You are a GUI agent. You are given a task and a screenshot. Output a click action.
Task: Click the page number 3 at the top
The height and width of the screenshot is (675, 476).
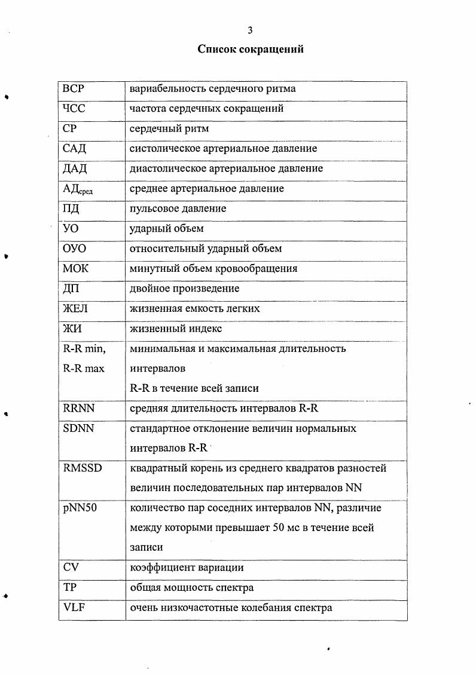[x=251, y=30]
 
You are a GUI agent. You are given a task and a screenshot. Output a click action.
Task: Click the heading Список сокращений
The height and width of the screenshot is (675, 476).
[x=251, y=49]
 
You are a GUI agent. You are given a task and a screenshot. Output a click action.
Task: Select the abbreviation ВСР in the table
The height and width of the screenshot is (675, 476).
[x=74, y=89]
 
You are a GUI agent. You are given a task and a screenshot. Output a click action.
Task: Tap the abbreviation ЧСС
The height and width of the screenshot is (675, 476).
[x=74, y=109]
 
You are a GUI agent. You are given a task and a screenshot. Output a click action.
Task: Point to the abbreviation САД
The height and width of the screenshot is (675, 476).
[x=75, y=149]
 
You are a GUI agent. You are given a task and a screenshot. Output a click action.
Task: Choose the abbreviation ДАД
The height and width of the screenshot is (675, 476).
[x=75, y=169]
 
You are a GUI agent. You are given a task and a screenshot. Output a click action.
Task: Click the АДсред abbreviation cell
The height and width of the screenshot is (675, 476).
[x=78, y=189]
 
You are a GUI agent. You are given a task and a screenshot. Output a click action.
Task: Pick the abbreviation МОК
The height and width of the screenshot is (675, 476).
[x=75, y=269]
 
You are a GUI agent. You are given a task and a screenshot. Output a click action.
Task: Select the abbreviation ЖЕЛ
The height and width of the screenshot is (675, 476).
[x=77, y=309]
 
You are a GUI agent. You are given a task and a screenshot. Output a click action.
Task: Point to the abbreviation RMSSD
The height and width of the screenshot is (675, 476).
[x=83, y=468]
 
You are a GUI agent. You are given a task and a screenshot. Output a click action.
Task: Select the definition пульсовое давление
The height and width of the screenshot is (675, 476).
[x=178, y=209]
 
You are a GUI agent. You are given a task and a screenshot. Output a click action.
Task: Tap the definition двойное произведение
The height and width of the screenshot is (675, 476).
[x=185, y=289]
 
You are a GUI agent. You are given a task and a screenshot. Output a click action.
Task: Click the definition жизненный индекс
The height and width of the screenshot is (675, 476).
[x=176, y=329]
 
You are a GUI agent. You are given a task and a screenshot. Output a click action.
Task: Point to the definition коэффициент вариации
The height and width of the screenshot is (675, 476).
[x=187, y=568]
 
